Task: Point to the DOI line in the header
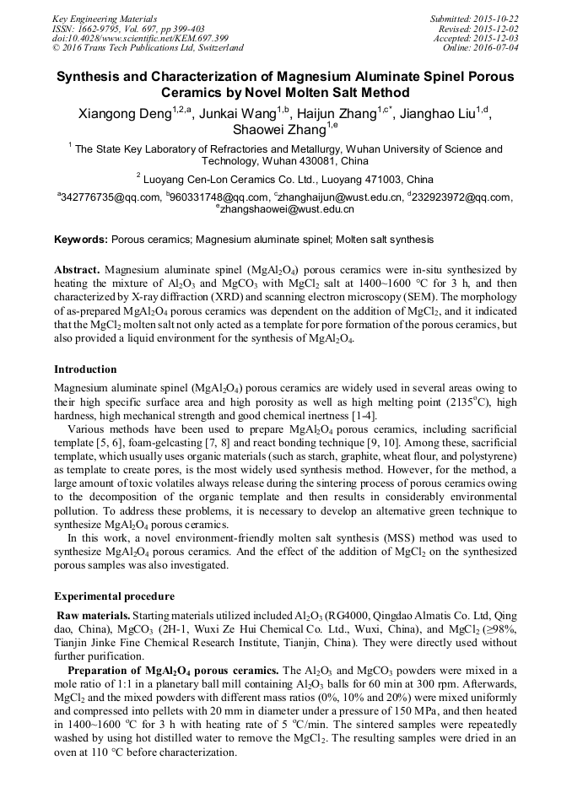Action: [x=141, y=38]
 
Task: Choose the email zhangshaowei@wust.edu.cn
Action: [x=288, y=209]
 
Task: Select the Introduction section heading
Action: [x=85, y=369]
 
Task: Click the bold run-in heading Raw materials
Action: [x=93, y=616]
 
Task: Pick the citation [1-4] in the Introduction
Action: [x=363, y=415]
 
